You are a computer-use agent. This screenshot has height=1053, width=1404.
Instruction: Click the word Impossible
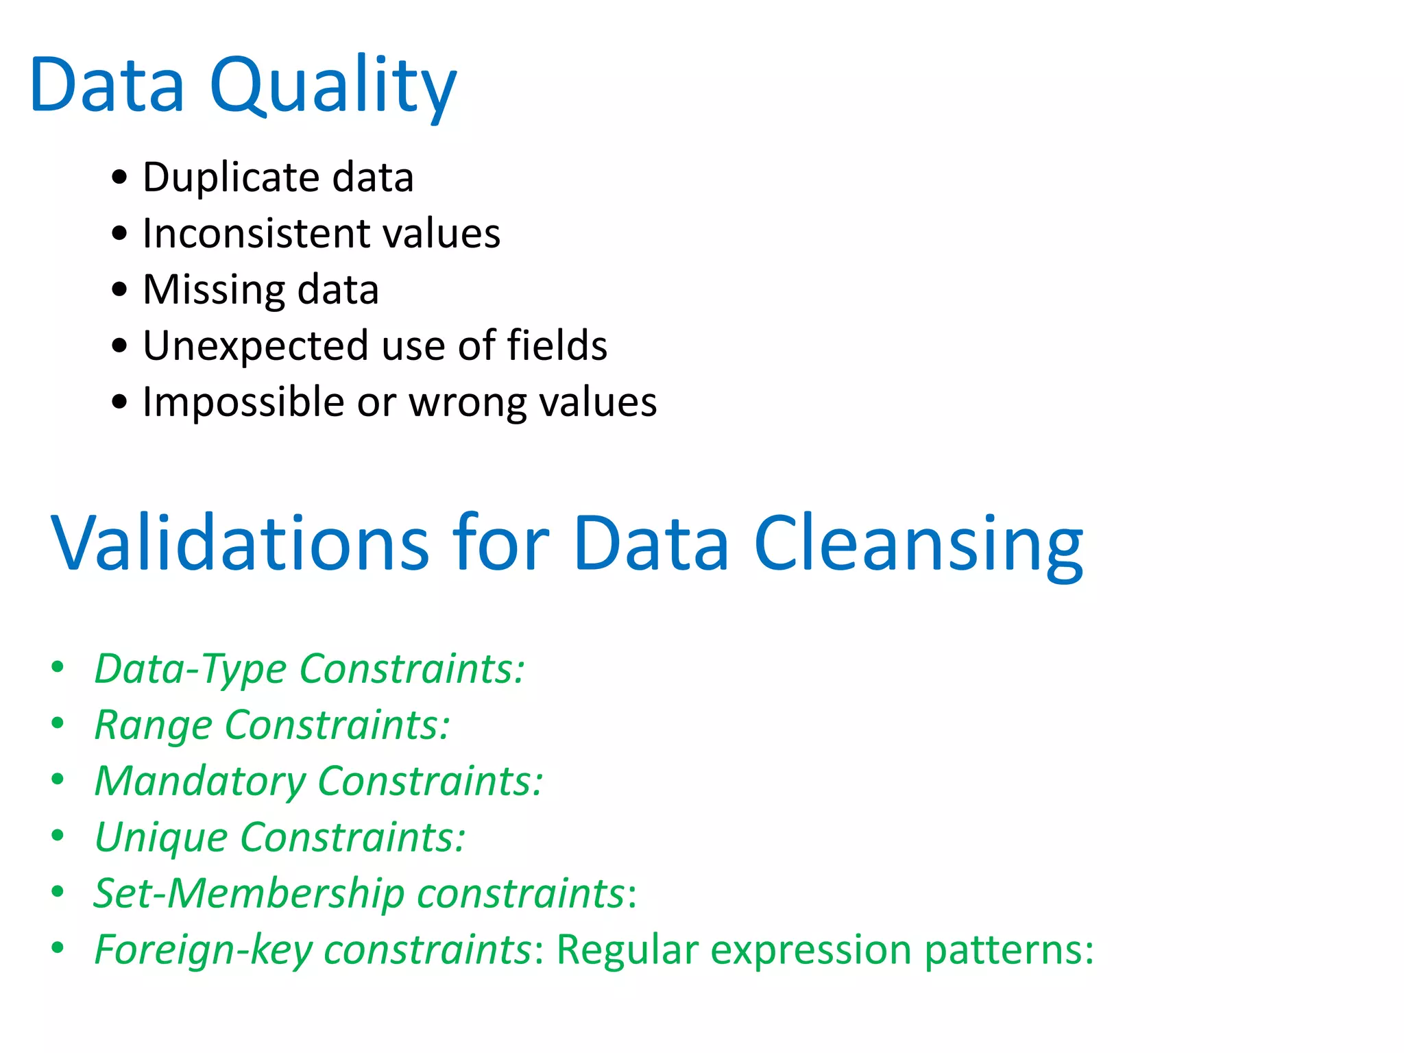pos(243,402)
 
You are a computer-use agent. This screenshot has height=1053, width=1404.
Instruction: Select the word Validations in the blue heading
pos(240,543)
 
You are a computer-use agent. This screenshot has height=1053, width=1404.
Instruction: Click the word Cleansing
pos(919,543)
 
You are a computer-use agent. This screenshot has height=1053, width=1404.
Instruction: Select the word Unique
pos(161,838)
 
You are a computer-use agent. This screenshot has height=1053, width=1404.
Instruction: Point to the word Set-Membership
pos(249,893)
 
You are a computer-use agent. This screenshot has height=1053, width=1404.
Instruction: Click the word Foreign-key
pos(203,950)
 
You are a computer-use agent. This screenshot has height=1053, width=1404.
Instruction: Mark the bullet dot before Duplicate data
pos(119,177)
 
